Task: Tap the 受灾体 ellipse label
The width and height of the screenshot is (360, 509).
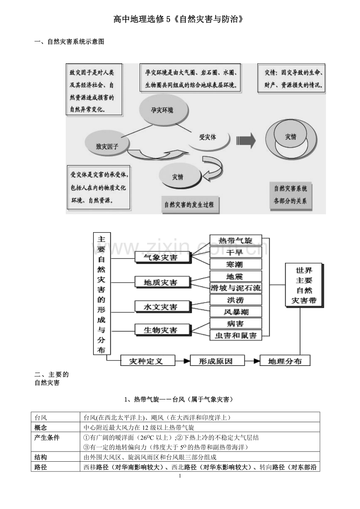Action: tap(208, 137)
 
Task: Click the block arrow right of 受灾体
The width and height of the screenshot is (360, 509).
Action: tap(246, 140)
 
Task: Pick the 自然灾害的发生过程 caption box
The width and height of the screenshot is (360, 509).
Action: tap(190, 204)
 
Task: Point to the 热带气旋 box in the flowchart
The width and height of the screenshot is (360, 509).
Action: tap(236, 240)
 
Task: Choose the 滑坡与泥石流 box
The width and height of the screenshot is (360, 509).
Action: tap(236, 288)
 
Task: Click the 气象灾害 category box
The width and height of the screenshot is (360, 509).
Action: tap(161, 258)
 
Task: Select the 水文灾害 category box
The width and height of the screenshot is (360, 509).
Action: tap(161, 307)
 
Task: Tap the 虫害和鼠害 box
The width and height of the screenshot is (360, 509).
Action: tap(236, 335)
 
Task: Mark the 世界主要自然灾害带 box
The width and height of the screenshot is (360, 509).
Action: tap(304, 285)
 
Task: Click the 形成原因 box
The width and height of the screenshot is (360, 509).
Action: tap(216, 361)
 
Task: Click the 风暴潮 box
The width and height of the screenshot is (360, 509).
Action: tap(236, 312)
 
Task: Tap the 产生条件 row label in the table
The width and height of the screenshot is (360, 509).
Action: tap(47, 438)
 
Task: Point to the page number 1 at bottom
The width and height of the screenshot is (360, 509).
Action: tap(180, 476)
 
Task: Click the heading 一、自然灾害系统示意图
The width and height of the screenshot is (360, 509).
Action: tap(69, 42)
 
